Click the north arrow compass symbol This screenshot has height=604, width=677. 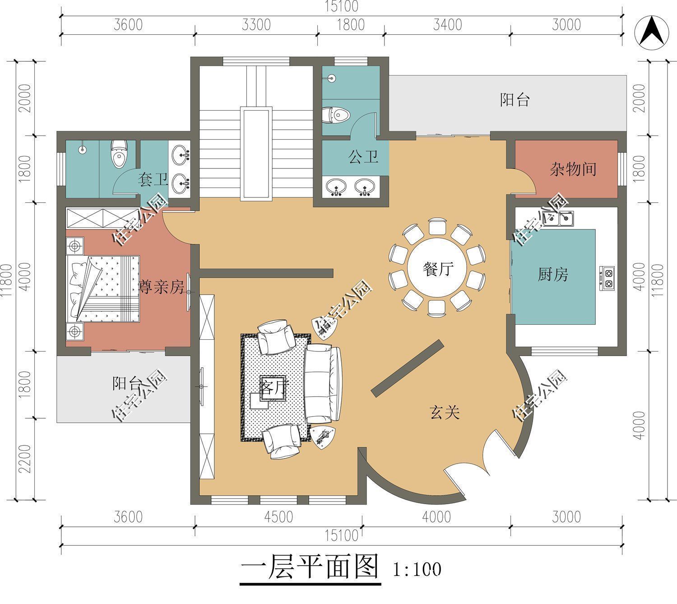(651, 32)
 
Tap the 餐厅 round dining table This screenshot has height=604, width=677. (437, 269)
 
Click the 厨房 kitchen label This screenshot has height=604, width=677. (552, 274)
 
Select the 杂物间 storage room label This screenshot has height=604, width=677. (573, 169)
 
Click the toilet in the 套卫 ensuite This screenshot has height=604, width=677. (119, 154)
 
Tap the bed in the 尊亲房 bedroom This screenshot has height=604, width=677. (104, 288)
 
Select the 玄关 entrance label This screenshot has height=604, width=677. (444, 412)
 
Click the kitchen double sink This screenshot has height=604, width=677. (559, 219)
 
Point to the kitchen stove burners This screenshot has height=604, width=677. (608, 278)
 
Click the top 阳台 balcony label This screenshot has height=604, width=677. (515, 99)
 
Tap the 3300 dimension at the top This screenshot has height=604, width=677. (256, 24)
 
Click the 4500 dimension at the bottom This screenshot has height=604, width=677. (278, 516)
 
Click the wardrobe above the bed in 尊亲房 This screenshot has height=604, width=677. (103, 218)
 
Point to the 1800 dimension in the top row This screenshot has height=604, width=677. (351, 24)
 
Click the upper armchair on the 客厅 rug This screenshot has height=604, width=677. (276, 337)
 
